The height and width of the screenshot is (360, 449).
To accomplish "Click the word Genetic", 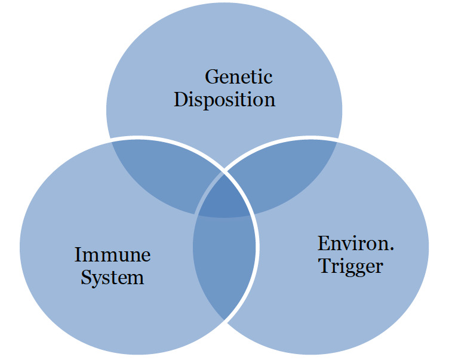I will (238, 77).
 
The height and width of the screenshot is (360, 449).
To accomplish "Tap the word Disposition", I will (224, 99).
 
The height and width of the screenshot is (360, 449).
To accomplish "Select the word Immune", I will (112, 256).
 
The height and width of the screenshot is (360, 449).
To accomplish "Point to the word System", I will (112, 278).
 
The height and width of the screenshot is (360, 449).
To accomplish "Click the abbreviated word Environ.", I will (352, 244).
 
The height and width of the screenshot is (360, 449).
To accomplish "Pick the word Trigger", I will (350, 266).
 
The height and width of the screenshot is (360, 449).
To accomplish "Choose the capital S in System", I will (86, 278).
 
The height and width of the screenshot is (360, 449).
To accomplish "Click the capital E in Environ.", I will (323, 244).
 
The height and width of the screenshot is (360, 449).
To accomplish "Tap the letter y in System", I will (98, 280).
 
